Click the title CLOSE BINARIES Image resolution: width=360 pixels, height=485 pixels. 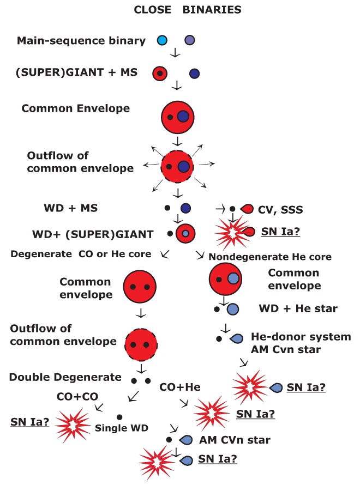(x=180, y=10)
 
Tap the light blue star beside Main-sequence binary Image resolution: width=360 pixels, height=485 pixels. (x=162, y=40)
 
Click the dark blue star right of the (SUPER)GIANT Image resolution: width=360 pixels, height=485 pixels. (x=195, y=73)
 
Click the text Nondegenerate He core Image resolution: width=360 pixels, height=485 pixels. (x=270, y=256)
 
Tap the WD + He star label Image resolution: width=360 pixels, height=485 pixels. (x=298, y=309)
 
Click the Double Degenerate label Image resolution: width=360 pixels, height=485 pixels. (x=65, y=377)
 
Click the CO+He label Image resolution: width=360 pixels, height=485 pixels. (x=180, y=387)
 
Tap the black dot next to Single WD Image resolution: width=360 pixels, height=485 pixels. (x=119, y=417)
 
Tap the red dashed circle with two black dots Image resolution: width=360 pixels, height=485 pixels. (x=141, y=344)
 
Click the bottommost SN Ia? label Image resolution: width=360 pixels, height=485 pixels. (x=217, y=459)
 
